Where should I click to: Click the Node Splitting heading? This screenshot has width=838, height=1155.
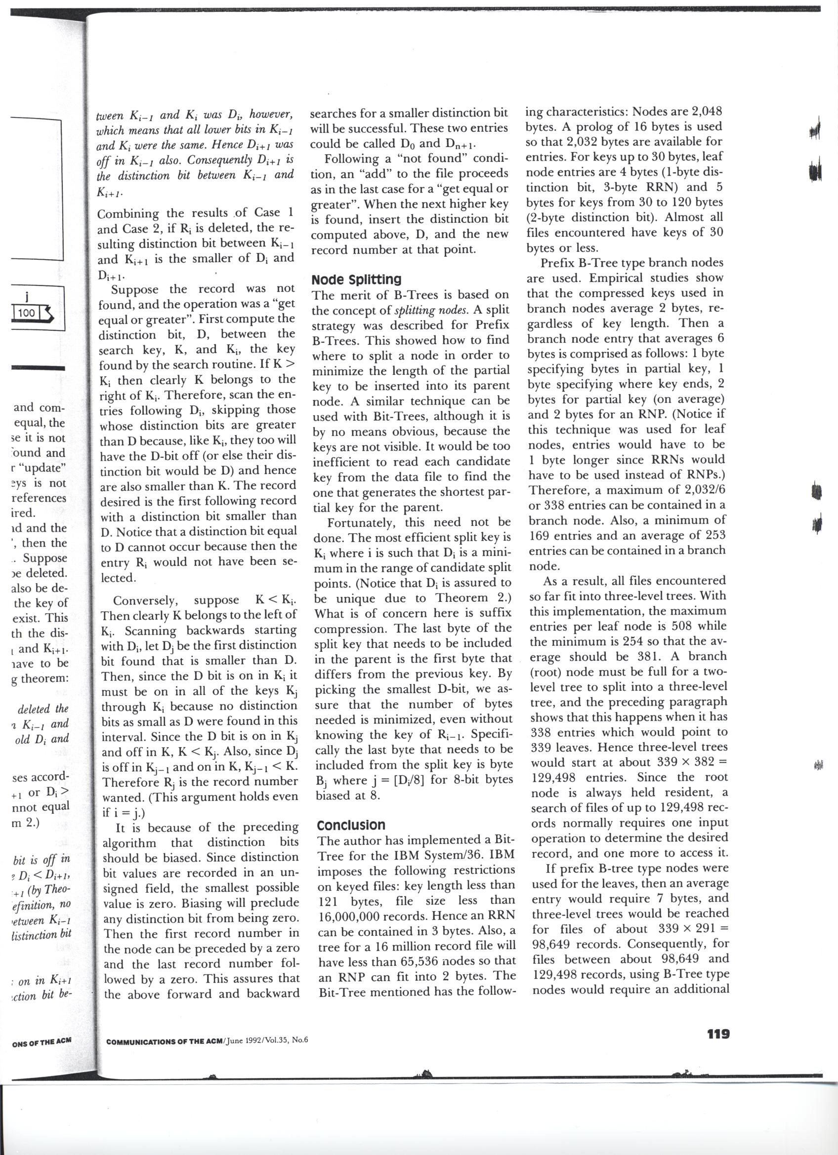click(356, 279)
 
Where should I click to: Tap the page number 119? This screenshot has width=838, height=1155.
click(718, 1034)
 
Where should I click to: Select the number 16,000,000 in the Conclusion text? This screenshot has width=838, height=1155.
click(357, 916)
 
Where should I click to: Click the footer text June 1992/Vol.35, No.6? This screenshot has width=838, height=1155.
click(266, 1040)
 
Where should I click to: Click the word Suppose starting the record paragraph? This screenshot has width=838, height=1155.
click(136, 290)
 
